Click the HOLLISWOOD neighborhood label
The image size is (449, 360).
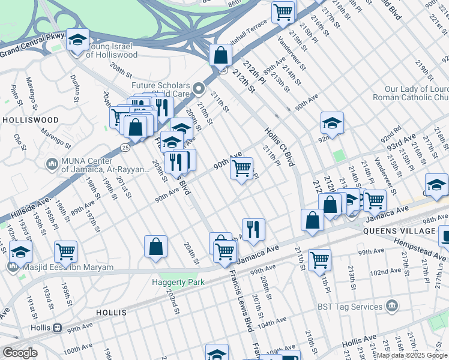30,120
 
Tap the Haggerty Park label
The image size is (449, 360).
177,282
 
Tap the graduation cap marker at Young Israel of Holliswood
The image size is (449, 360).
77,40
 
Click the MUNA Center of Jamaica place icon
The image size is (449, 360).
52,162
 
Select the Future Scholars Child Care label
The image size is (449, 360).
161,90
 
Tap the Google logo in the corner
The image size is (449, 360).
20,353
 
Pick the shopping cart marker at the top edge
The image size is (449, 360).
283,11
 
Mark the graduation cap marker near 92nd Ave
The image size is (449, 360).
332,124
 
